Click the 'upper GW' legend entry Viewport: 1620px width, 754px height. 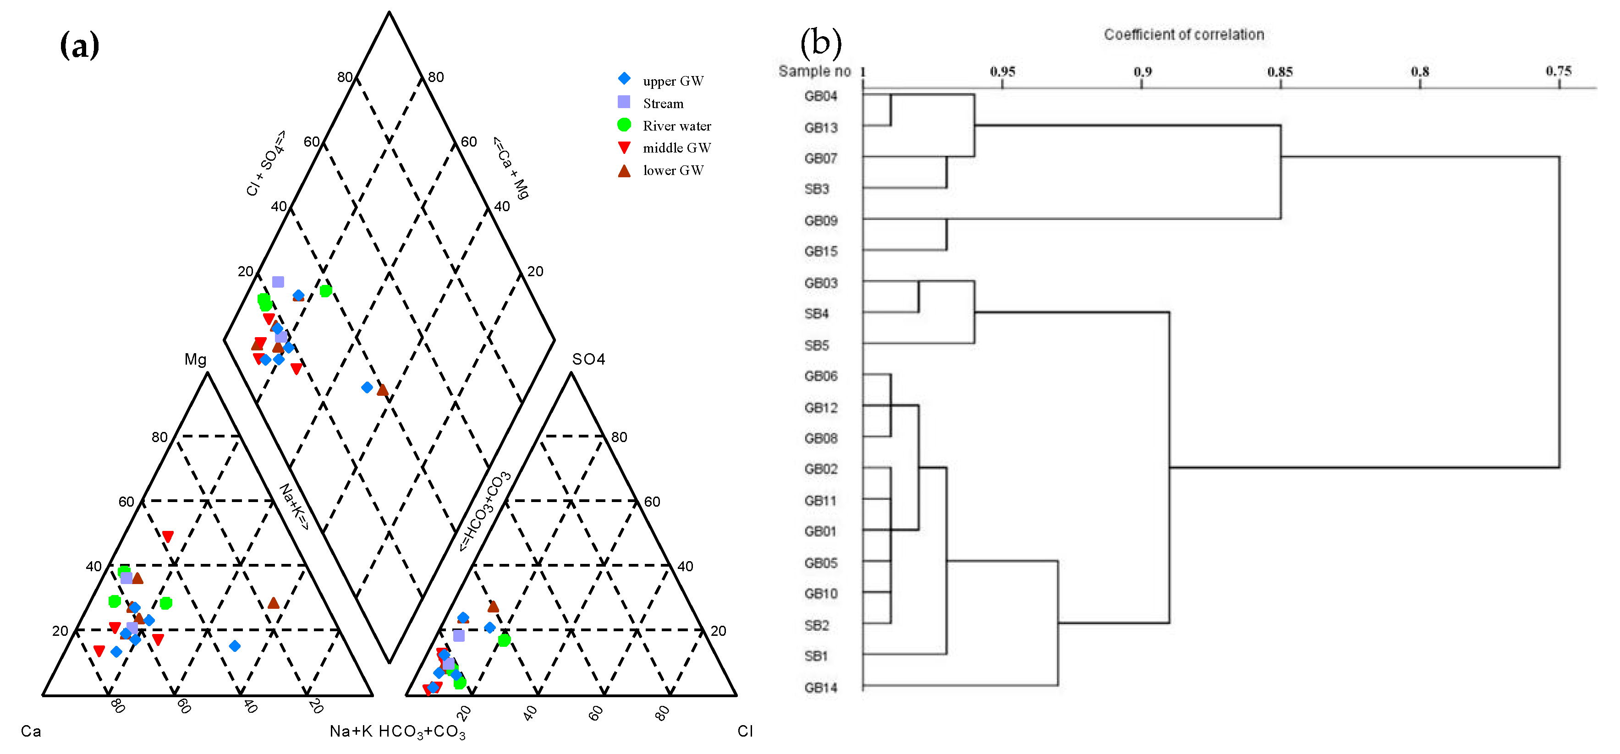672,81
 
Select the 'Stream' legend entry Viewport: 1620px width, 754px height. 662,104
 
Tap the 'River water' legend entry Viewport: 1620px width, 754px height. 676,126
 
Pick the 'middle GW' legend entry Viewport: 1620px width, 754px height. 676,148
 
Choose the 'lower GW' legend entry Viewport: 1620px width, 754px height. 672,170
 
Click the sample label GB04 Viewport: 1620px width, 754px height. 821,96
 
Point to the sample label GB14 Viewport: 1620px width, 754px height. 821,687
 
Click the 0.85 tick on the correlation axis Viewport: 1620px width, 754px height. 1280,72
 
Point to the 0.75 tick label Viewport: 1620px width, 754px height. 1559,71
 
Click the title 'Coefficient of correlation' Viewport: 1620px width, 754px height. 1184,35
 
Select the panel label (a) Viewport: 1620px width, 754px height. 79,45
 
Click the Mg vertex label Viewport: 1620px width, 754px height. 195,359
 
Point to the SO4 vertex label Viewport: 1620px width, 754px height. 588,359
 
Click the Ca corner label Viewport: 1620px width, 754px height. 31,731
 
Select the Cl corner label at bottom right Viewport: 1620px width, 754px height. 745,731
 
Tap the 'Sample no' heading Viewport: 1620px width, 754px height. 814,71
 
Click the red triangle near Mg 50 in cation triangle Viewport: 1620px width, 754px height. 167,536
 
